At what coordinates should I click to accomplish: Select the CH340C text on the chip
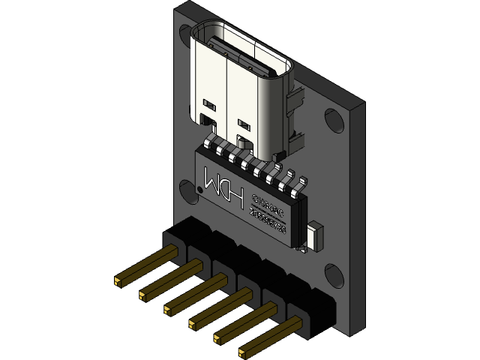pyautogui.click(x=268, y=205)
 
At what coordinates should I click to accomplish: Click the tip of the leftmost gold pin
pyautogui.click(x=118, y=282)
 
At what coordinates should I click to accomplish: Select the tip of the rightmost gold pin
pyautogui.click(x=243, y=350)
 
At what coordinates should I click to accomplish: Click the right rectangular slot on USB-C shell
pyautogui.click(x=243, y=120)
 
